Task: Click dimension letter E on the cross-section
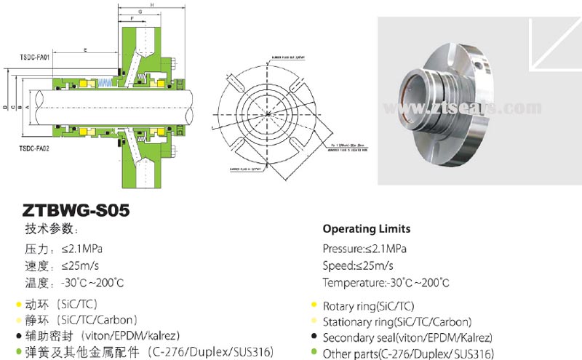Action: click(86, 50)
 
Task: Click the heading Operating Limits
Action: click(366, 228)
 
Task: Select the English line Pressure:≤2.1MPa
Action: click(364, 249)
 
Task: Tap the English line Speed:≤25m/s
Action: click(358, 265)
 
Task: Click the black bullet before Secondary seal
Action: click(314, 337)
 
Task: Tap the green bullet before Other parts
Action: click(314, 353)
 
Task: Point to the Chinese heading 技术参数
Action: click(50, 229)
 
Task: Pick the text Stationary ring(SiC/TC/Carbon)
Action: click(396, 321)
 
